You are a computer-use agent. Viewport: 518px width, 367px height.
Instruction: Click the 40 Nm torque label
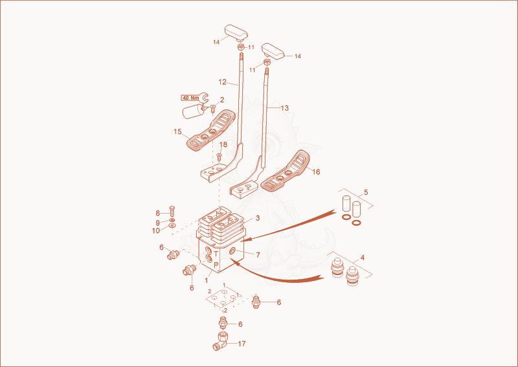191,98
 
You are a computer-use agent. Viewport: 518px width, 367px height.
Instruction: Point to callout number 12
222,82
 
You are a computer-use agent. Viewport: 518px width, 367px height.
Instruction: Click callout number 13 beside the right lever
284,108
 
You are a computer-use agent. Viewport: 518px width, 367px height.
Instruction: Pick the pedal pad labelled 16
286,171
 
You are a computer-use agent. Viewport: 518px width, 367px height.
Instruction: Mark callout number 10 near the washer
156,231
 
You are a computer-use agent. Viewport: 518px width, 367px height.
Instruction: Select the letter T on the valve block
216,254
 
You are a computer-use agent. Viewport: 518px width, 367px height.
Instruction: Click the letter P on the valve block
216,265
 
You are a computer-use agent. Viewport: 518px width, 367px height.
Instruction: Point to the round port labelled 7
232,252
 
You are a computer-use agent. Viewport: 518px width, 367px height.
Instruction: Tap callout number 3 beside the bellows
258,218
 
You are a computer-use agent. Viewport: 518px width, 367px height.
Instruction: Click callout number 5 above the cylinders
366,192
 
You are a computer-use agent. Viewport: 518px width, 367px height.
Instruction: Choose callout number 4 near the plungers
363,258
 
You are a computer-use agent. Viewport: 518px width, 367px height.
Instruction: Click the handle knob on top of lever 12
236,32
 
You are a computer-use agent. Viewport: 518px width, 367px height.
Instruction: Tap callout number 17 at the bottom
242,344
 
